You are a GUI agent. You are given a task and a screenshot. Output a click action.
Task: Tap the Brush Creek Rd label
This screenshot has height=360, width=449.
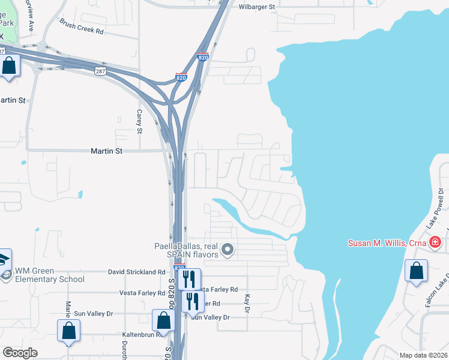pos(82,26)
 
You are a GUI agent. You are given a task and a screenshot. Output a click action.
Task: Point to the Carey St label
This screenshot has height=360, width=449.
pos(139,121)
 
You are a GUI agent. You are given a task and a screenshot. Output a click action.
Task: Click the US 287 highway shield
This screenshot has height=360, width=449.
pos(100,71)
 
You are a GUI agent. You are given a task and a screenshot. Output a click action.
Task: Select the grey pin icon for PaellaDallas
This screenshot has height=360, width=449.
pos(228,249)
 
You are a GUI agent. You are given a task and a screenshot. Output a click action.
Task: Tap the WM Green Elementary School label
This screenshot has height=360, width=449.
pos(50,275)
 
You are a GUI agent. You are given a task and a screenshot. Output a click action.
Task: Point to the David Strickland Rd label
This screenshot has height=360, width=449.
pos(136,272)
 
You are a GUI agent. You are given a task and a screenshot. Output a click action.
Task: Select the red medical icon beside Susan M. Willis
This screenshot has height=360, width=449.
pos(435,243)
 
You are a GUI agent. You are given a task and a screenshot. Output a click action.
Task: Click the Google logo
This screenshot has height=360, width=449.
pos(20,353)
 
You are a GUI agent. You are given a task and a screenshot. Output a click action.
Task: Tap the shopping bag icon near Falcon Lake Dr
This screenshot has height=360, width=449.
pos(416,271)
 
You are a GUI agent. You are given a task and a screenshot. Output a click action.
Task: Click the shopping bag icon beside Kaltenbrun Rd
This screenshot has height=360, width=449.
pos(163,320)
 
